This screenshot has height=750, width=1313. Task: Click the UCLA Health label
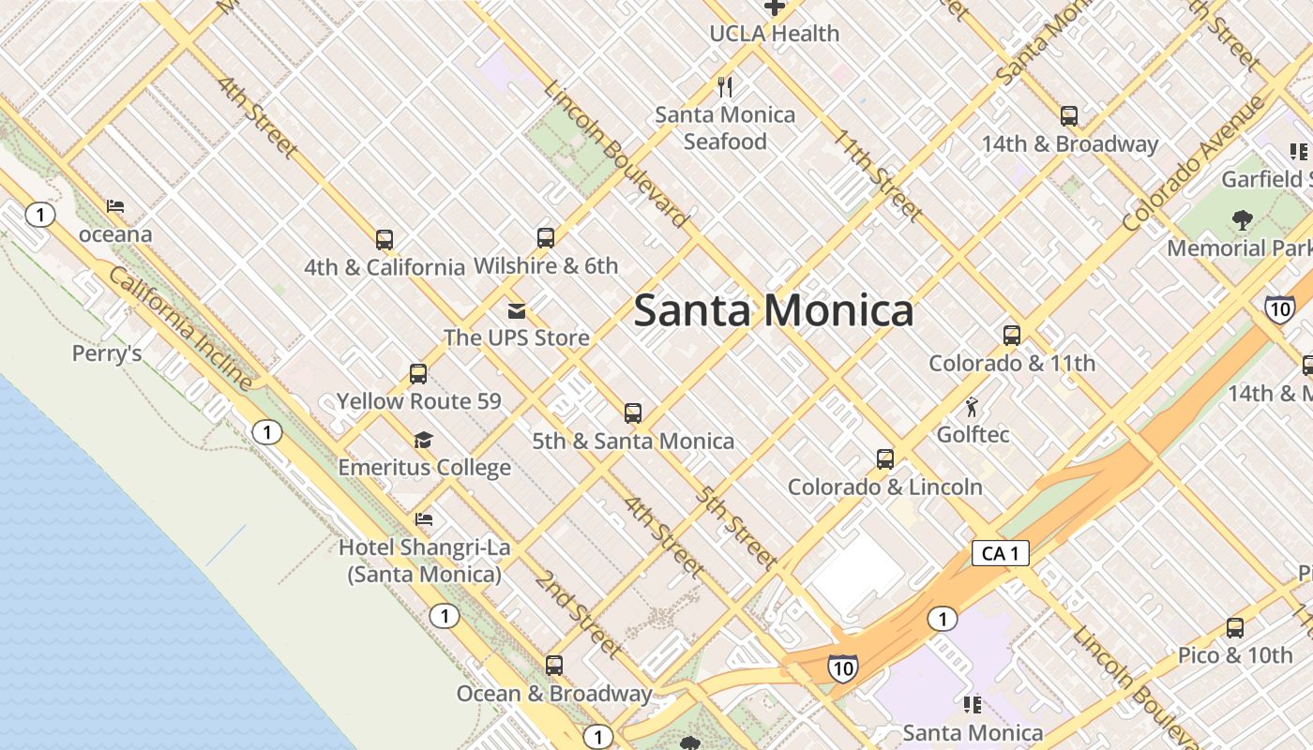[x=774, y=34]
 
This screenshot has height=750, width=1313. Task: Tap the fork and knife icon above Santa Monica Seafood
[x=725, y=87]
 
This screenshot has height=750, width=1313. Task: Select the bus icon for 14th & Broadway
[x=1068, y=116]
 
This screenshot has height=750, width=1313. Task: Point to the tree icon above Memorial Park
[x=1243, y=220]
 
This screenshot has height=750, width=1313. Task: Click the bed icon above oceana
[x=115, y=206]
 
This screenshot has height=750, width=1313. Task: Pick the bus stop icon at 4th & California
[x=384, y=239]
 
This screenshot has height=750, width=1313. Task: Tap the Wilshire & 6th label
[x=546, y=266]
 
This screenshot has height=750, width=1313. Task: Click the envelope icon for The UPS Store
[x=516, y=310]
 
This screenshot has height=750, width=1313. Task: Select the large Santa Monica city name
[x=774, y=310]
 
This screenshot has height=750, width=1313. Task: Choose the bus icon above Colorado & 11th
[x=1011, y=335]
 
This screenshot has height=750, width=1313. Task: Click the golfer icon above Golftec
[x=973, y=407]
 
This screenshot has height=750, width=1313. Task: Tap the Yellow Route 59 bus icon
[x=418, y=374]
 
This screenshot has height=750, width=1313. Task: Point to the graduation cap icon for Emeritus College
[x=424, y=440]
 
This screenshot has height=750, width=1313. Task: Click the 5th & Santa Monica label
[x=633, y=441]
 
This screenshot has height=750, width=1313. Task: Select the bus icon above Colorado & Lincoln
[x=884, y=459]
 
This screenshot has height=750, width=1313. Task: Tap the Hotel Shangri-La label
[x=424, y=560]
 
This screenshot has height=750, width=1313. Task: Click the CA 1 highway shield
[x=1000, y=553]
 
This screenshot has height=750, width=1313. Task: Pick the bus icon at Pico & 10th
[x=1235, y=628]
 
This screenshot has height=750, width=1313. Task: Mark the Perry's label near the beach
[x=107, y=353]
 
